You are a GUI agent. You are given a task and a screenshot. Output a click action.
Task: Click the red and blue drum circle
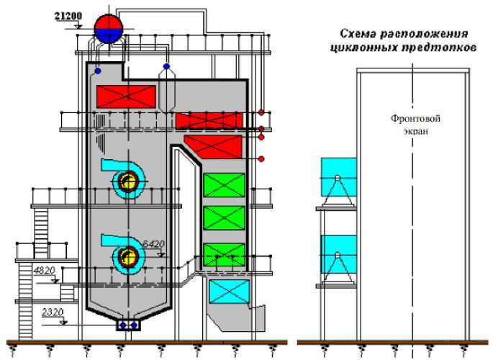tap(109, 28)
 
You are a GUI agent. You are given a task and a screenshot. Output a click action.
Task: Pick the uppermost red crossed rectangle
tap(126, 96)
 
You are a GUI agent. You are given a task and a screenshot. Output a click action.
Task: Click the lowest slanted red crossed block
tap(213, 146)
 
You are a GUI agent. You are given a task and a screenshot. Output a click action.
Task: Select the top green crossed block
tap(224, 186)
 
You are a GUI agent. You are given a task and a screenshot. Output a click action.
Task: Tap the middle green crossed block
tap(224, 218)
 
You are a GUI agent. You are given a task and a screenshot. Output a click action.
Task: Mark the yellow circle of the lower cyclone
tap(129, 256)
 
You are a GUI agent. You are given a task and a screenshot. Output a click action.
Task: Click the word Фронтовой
tap(415, 117)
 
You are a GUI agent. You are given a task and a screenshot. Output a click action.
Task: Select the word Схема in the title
tap(358, 34)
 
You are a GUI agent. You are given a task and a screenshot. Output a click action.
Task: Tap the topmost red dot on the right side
tap(262, 112)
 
